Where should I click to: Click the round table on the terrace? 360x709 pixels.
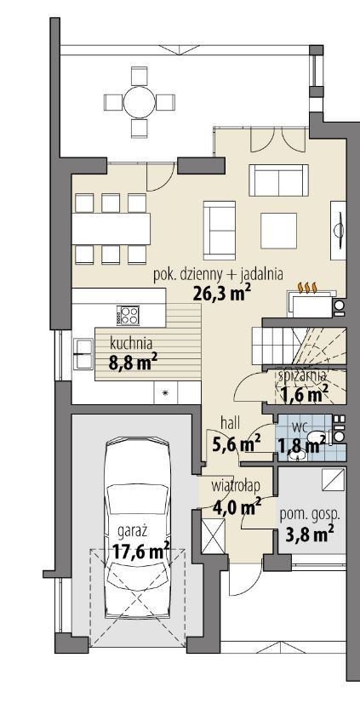pos(140,102)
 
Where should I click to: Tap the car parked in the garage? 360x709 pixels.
pos(137,529)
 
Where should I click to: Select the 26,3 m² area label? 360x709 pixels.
pos(221,294)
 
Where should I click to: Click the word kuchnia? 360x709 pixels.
pos(131,344)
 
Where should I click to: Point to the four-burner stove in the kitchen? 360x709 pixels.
pos(128,315)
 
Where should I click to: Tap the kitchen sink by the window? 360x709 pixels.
pos(83,353)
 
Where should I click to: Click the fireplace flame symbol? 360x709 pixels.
pos(306,287)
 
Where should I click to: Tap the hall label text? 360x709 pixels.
pos(230,423)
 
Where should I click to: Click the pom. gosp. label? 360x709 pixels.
pos(310,514)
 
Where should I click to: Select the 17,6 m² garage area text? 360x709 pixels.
pos(140,552)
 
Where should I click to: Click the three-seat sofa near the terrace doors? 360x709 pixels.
pos(278,180)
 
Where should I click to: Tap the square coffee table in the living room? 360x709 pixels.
pos(278,230)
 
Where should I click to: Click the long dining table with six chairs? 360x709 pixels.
pos(111,229)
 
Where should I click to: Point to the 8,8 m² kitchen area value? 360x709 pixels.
pos(130,363)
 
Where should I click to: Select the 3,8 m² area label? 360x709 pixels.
pos(310,534)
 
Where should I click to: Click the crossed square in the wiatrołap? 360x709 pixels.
pos(213,536)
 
